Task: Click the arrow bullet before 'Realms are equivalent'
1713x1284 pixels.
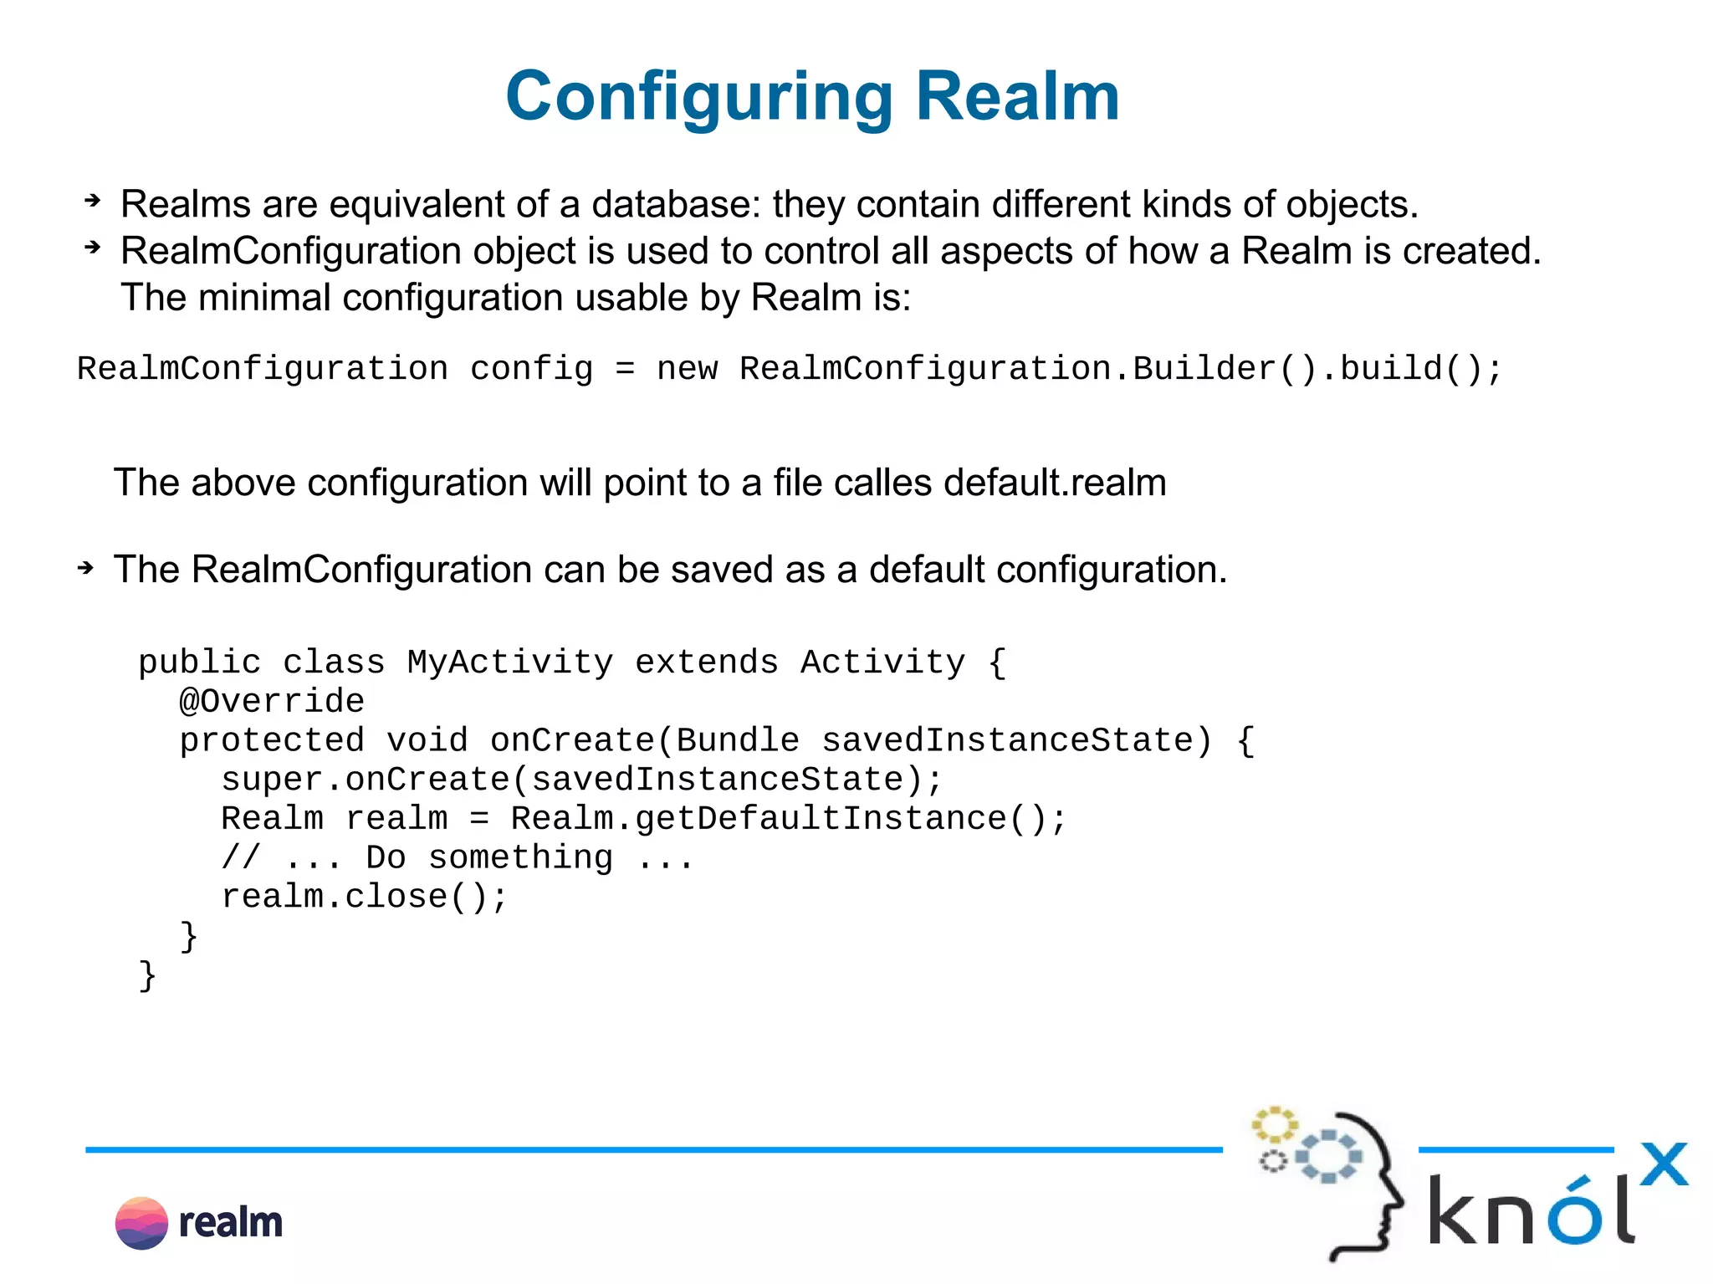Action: pyautogui.click(x=92, y=201)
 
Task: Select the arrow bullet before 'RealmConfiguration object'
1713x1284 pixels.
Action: pyautogui.click(x=92, y=248)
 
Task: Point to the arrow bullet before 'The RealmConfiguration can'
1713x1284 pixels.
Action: pyautogui.click(x=85, y=569)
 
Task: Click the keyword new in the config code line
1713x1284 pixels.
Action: pyautogui.click(x=687, y=369)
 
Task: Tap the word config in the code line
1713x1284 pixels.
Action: pyautogui.click(x=531, y=369)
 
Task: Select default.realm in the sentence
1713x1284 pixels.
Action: pyautogui.click(x=1055, y=483)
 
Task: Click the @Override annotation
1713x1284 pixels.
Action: pyautogui.click(x=272, y=701)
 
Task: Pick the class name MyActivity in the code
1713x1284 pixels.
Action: pyautogui.click(x=510, y=662)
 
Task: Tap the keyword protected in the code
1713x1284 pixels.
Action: pyautogui.click(x=272, y=740)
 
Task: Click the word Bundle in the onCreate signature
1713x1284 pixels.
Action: pyautogui.click(x=737, y=740)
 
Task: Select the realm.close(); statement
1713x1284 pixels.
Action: pyautogui.click(x=364, y=897)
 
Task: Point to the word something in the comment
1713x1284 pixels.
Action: pyautogui.click(x=520, y=857)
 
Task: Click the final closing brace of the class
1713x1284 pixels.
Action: pyautogui.click(x=147, y=975)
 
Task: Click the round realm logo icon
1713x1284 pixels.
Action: pyautogui.click(x=141, y=1223)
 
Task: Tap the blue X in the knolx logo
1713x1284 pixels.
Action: pyautogui.click(x=1664, y=1164)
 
